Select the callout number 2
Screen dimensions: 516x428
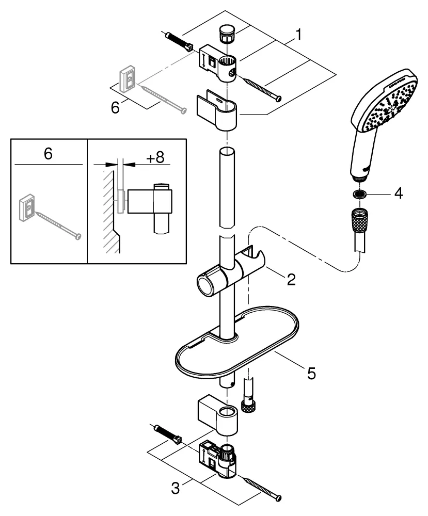pos(291,280)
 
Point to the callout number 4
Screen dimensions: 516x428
pos(398,194)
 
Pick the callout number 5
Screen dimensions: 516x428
pos(311,373)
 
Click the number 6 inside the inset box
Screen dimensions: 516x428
pos(48,155)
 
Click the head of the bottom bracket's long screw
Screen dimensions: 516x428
pos(279,497)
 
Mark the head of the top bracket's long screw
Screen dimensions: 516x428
pos(279,98)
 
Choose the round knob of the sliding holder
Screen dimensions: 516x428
pos(205,283)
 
